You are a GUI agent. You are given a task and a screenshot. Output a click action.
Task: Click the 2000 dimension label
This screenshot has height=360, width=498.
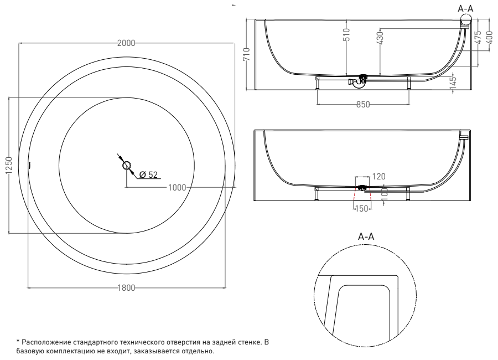point(126,43)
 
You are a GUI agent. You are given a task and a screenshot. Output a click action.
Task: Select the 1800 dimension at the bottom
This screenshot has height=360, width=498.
point(126,288)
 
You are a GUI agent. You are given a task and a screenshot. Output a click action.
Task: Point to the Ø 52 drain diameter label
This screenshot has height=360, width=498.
point(149,174)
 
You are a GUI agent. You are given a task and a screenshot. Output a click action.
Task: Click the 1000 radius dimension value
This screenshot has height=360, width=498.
point(177,188)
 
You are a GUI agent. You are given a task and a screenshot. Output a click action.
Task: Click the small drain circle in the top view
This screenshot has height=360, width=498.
point(127,165)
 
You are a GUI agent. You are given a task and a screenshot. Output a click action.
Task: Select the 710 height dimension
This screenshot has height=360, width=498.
point(247,55)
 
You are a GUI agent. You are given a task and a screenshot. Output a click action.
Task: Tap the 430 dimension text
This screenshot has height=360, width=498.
point(381,39)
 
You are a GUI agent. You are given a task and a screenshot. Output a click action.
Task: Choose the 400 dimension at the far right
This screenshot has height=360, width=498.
point(489,39)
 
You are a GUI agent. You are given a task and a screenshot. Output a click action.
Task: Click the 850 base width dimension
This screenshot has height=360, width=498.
point(362,106)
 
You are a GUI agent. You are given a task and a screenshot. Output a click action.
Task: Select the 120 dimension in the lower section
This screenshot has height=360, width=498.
point(379,176)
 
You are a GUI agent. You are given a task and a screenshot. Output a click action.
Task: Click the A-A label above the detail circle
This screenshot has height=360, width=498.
point(367,237)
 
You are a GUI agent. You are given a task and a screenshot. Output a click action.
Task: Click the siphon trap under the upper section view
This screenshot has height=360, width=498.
point(358,82)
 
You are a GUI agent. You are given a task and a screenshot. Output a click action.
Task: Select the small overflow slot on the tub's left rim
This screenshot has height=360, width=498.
point(30,165)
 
